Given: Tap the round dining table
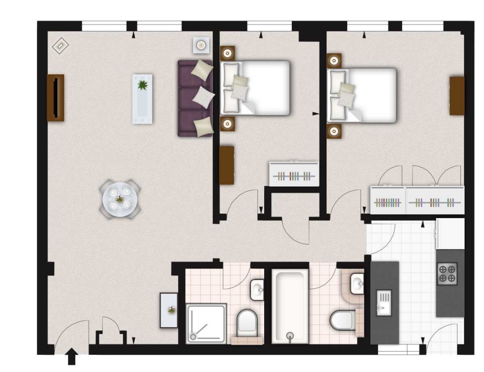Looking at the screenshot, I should click(120, 199).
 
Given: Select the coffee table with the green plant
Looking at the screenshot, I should click(142, 99).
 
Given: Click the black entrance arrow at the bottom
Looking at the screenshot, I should click(72, 357).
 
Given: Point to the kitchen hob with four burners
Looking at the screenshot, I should click(447, 274).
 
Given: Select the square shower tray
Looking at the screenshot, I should click(206, 323).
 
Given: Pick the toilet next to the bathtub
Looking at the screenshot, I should click(342, 319).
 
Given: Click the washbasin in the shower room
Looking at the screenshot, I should click(256, 290).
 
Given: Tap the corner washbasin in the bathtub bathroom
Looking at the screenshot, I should click(356, 283).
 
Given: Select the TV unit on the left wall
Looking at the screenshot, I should click(55, 98).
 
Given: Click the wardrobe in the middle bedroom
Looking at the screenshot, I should click(294, 174).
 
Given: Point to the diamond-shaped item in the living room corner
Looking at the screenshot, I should click(60, 46).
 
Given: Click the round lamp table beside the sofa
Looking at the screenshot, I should click(201, 45).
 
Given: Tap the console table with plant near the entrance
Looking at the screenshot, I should click(169, 310).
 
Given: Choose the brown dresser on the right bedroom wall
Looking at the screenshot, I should click(457, 96).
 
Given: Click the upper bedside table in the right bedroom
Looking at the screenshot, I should click(334, 61).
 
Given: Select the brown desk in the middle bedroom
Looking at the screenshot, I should click(226, 165).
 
